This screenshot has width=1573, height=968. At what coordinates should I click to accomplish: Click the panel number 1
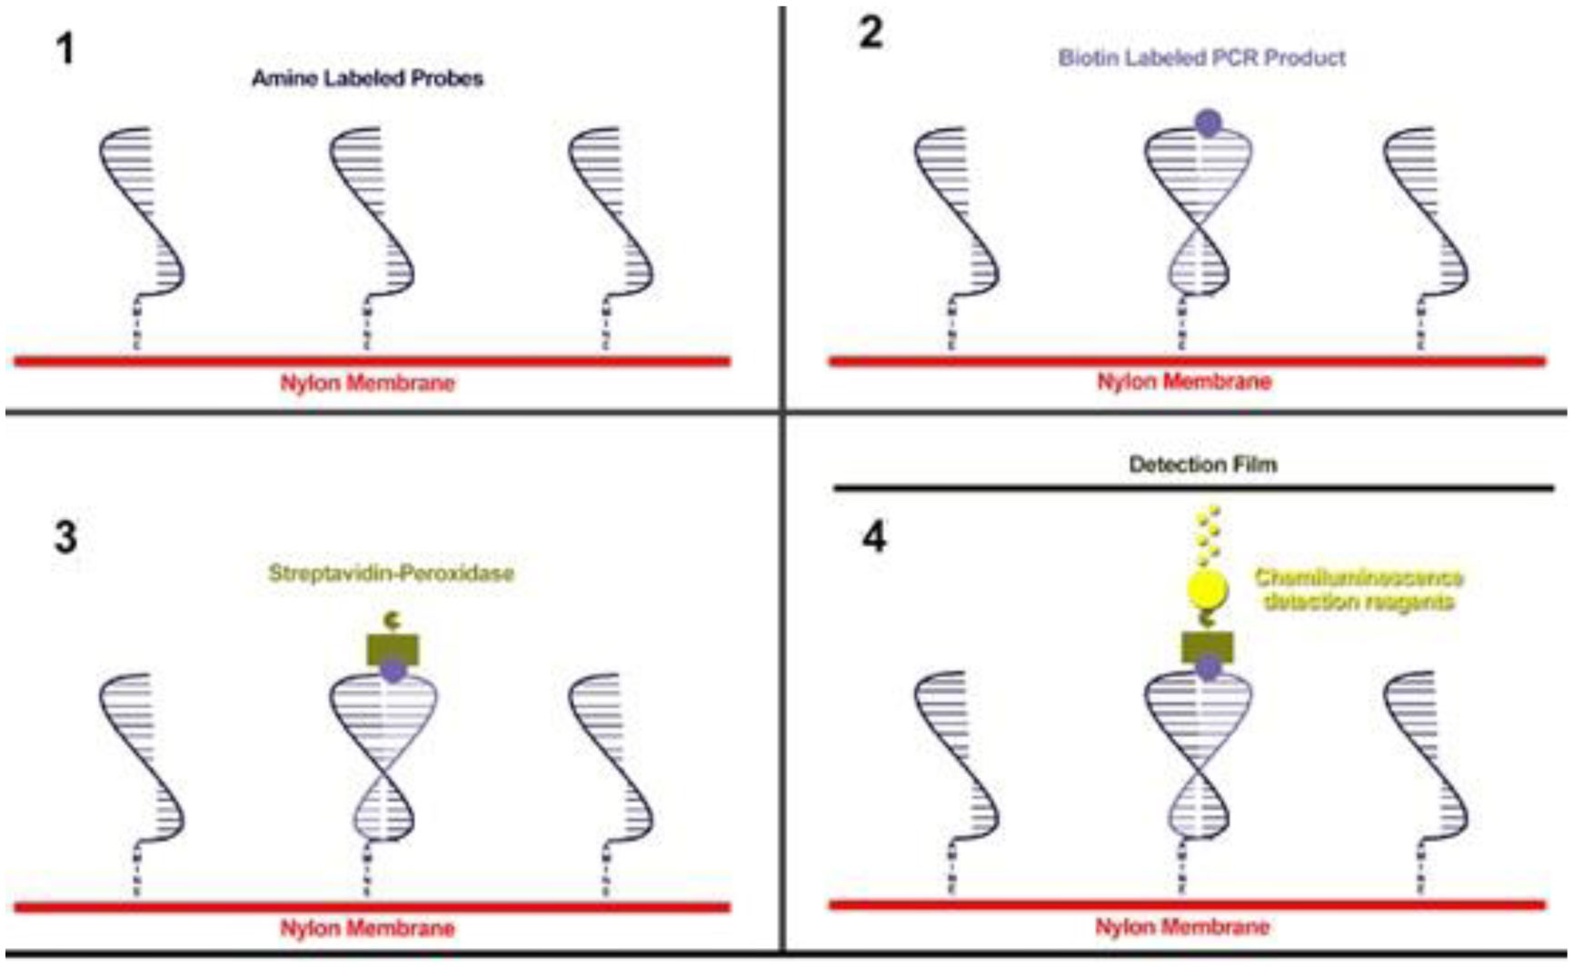point(65,48)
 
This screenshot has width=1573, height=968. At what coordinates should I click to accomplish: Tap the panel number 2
point(871,34)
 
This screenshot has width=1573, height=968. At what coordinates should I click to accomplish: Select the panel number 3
point(65,536)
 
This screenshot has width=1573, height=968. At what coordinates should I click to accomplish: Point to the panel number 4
point(873,537)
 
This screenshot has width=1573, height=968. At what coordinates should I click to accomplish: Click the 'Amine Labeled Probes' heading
point(367,78)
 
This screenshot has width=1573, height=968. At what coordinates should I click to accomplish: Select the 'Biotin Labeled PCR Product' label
point(1201,58)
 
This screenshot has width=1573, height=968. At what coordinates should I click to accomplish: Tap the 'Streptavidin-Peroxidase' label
point(392,574)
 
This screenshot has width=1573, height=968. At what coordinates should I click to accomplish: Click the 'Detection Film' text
point(1203,464)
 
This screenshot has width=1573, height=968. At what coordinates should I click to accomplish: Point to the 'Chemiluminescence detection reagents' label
point(1359,590)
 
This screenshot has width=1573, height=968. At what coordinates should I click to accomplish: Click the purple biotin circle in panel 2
point(1208,123)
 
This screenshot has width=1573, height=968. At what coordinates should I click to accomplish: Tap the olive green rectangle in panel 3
point(393,648)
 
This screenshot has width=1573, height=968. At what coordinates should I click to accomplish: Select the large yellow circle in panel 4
point(1208,590)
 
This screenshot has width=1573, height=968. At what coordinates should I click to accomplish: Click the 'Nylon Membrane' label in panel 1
point(367,383)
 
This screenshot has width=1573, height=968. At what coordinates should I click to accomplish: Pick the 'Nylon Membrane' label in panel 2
point(1183,382)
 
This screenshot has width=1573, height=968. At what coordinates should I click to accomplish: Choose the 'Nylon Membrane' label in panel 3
point(367,928)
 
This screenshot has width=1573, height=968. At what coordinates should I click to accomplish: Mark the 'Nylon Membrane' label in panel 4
point(1181,927)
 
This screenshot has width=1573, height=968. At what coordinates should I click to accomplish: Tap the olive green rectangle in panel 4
point(1208,646)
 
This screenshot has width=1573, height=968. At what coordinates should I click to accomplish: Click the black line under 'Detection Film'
point(1193,489)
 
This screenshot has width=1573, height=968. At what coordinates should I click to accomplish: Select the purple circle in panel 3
point(393,672)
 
